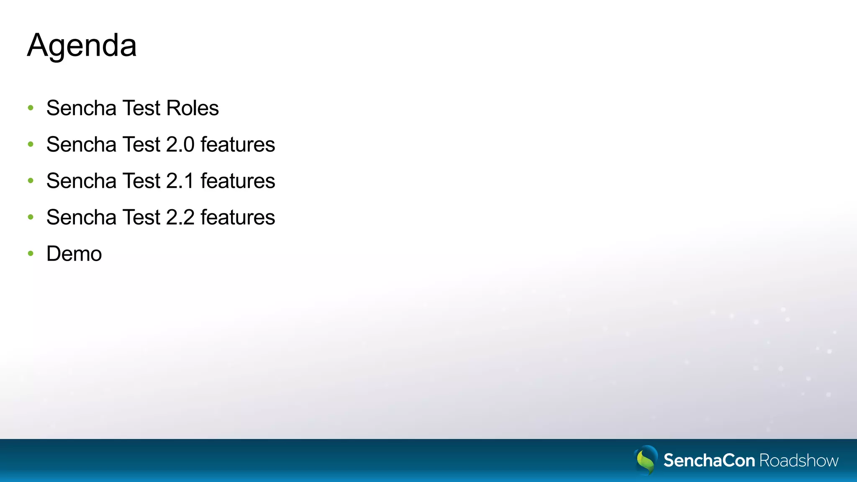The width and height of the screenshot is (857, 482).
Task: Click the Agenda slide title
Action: point(82,46)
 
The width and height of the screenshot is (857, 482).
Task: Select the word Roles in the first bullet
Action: point(192,108)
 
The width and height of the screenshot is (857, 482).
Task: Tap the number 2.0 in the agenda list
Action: point(180,145)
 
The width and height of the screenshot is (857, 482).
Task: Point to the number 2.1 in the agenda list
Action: point(180,181)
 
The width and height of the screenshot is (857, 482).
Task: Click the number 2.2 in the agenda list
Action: point(180,218)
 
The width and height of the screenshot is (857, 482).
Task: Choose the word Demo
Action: point(74,254)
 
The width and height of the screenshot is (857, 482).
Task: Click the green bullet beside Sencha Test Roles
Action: point(31,108)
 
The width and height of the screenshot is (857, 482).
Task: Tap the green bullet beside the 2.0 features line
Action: point(31,145)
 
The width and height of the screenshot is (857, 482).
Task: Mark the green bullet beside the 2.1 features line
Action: point(31,181)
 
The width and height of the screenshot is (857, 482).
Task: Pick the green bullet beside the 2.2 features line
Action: point(31,218)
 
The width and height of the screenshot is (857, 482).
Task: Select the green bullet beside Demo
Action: point(31,254)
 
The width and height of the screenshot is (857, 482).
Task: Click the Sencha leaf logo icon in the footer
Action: point(646,460)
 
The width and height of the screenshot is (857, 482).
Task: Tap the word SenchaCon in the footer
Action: point(709,461)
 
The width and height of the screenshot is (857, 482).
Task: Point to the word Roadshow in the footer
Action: point(799,461)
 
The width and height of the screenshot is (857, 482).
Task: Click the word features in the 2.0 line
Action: point(238,145)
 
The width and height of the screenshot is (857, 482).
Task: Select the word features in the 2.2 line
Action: point(238,218)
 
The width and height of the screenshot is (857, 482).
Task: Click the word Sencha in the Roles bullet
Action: point(81,108)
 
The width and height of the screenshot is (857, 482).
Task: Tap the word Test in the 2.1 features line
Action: point(141,181)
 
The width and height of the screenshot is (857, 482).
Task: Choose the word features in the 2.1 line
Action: point(238,181)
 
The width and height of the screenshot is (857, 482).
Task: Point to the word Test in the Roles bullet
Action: point(141,108)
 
